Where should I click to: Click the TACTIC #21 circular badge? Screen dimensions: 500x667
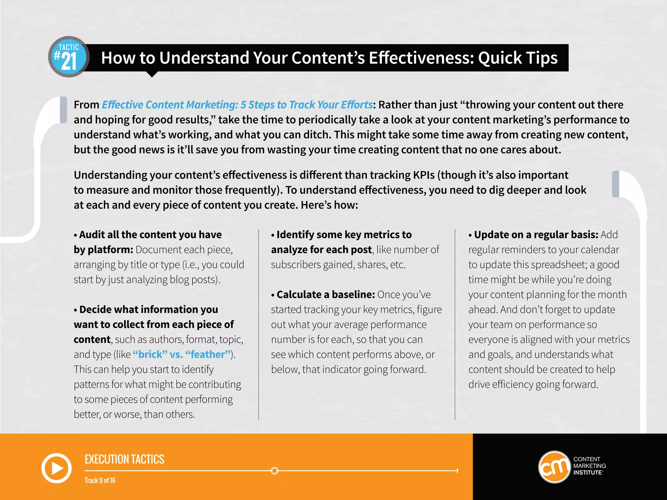click(69, 57)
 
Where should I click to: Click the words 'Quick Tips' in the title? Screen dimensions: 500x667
click(518, 58)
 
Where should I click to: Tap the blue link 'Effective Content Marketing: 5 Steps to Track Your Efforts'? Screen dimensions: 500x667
click(237, 105)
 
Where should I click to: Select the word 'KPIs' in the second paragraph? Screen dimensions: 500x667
click(424, 175)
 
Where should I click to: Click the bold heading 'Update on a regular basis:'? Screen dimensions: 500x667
click(536, 235)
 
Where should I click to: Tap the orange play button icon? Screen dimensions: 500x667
click(56, 468)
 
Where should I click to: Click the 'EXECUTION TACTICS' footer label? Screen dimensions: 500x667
click(124, 459)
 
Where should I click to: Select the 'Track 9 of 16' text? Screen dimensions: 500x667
click(100, 480)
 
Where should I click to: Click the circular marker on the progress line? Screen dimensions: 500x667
click(275, 471)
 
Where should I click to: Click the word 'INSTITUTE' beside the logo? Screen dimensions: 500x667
click(588, 473)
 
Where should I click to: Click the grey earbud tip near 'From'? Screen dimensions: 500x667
click(64, 110)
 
